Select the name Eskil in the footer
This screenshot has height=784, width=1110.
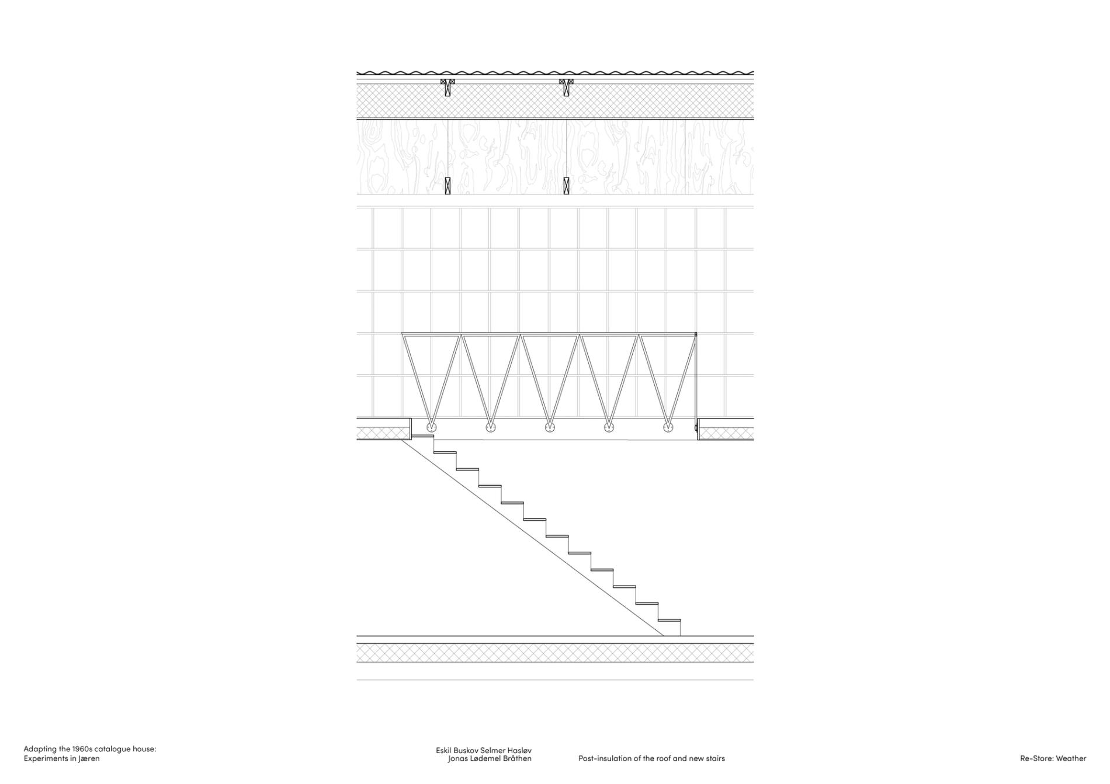coord(444,750)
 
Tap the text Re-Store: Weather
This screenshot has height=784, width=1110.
coord(1053,759)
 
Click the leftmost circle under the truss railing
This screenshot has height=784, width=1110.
coord(431,427)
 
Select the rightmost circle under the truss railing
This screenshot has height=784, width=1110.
coord(668,427)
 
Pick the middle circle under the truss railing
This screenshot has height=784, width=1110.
coord(550,427)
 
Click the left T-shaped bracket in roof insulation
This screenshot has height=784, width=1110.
coord(448,87)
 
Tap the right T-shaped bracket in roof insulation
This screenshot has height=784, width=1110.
coord(566,87)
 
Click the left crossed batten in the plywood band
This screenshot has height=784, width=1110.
coord(448,185)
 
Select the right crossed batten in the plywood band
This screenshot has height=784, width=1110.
coord(566,185)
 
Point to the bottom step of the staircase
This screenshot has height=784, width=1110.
coord(670,621)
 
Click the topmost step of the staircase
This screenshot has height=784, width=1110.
coord(423,435)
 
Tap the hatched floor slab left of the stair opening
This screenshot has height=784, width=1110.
coord(382,433)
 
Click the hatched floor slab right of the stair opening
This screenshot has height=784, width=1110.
coord(726,433)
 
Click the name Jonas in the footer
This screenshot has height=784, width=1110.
coord(457,759)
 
